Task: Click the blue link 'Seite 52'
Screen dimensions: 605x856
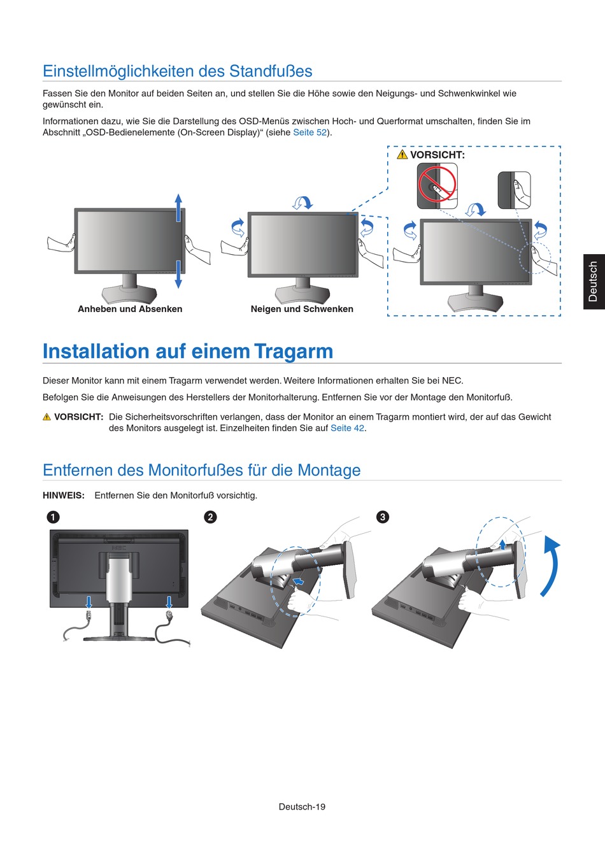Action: (x=310, y=132)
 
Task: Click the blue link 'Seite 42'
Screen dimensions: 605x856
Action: (x=347, y=428)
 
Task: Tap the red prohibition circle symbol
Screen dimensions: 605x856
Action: (x=438, y=185)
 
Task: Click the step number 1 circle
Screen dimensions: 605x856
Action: (x=53, y=517)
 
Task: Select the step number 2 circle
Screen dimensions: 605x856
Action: (x=210, y=517)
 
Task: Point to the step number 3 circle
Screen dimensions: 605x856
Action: (x=382, y=517)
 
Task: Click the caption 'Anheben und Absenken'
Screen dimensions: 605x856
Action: (x=130, y=309)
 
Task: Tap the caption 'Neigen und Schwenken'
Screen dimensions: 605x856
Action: (x=302, y=309)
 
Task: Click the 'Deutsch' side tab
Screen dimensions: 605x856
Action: (x=594, y=282)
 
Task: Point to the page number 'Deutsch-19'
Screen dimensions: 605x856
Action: (x=302, y=806)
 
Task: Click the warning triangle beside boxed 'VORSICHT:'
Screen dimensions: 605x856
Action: (x=402, y=155)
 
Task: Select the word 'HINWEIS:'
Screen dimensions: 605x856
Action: (x=64, y=496)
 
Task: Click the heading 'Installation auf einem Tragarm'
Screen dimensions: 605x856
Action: (x=188, y=352)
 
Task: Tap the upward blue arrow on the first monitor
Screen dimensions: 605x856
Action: (x=178, y=208)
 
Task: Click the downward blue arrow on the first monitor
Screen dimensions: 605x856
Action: (x=178, y=275)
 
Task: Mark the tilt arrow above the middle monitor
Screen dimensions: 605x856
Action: (x=302, y=203)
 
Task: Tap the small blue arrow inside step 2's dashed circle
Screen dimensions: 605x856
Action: (x=299, y=581)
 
